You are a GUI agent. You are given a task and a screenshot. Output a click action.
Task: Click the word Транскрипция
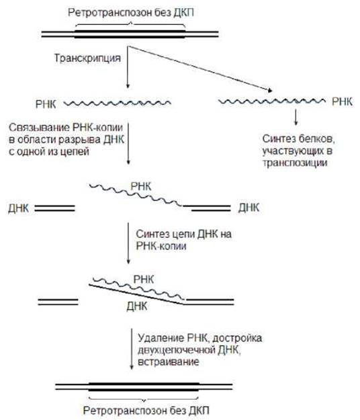tap(87, 58)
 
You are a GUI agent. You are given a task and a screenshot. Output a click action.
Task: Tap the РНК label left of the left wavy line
tap(46, 104)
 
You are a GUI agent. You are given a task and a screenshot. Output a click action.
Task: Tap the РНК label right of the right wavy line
tap(342, 101)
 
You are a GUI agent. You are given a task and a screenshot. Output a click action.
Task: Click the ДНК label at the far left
tap(18, 208)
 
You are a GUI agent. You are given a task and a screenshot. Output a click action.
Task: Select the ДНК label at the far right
tap(249, 208)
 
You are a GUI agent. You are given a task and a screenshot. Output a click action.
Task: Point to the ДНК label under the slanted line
tap(137, 306)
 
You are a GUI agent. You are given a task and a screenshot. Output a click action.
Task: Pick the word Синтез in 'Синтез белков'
tap(279, 138)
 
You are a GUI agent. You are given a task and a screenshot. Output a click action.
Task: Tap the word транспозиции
tap(295, 163)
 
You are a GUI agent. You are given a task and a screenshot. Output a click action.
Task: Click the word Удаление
tap(161, 338)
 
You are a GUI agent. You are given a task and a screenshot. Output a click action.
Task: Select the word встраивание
tap(169, 362)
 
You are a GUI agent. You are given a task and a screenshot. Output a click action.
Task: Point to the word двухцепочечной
tap(177, 350)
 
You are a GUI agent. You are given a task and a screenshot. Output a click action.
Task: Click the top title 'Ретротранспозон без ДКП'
tap(131, 13)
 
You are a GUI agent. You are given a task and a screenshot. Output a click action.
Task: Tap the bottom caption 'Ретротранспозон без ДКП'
tap(146, 411)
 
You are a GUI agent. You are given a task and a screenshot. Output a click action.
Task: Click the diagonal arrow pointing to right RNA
tap(200, 69)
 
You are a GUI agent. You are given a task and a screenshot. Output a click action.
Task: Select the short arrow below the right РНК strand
tap(296, 117)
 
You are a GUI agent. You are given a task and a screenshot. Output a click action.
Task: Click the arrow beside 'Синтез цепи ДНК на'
tap(128, 243)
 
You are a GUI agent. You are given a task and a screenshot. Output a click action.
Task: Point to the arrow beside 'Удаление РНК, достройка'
tap(132, 349)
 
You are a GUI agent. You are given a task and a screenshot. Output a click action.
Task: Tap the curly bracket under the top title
tap(130, 24)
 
